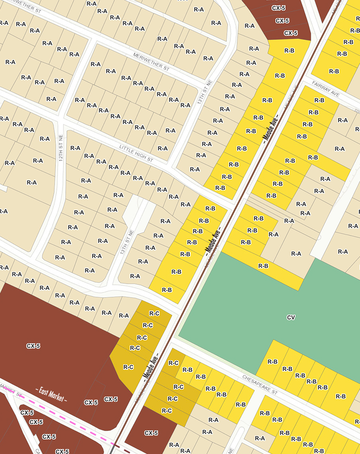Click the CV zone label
(x=291, y=318)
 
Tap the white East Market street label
(x=51, y=395)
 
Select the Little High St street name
(x=136, y=153)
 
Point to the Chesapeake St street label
(x=260, y=384)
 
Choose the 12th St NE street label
(x=61, y=148)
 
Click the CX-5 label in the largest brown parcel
(x=33, y=346)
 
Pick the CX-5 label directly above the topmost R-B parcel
(x=291, y=33)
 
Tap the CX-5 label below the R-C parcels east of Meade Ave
(x=151, y=433)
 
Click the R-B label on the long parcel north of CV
(x=263, y=266)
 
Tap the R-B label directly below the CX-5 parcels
(x=289, y=50)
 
